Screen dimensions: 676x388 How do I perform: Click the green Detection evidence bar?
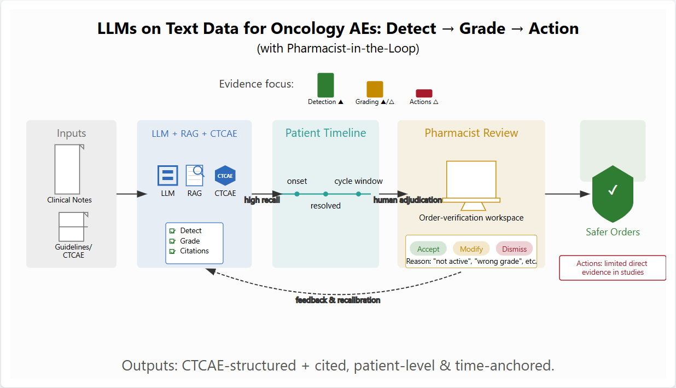click(325, 85)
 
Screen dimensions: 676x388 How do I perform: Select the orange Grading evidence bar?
click(375, 89)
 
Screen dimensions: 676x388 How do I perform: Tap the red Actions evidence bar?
click(424, 93)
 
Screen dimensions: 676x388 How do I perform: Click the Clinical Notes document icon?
click(69, 169)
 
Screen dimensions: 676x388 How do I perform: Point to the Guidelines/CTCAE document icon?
click(73, 227)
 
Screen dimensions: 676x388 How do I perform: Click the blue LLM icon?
click(167, 175)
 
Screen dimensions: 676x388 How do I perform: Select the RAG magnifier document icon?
click(195, 175)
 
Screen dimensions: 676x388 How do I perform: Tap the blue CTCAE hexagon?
click(225, 176)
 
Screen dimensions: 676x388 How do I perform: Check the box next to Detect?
click(172, 231)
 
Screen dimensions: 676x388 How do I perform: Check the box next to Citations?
click(172, 251)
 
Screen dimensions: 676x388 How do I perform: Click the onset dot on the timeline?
click(297, 194)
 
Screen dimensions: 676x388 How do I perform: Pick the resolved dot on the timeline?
click(325, 194)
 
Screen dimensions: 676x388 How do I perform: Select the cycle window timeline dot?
click(358, 194)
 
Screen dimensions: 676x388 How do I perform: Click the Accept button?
click(428, 249)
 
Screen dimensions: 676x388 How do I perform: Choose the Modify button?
click(471, 249)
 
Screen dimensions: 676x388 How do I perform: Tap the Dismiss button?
click(514, 249)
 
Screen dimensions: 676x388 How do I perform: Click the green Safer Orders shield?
click(613, 194)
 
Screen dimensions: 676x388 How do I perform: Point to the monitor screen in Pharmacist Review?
click(471, 180)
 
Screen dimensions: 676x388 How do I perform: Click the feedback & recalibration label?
click(337, 300)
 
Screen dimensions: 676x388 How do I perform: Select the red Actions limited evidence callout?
click(613, 268)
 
